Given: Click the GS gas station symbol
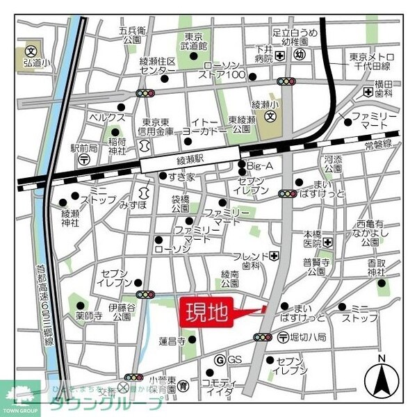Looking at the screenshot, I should (x=219, y=360).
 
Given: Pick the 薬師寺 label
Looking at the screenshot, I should (x=88, y=316).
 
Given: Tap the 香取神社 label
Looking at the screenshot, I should (x=377, y=268).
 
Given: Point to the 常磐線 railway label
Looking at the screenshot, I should (x=378, y=145).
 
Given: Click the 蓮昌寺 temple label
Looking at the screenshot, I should (x=172, y=341).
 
